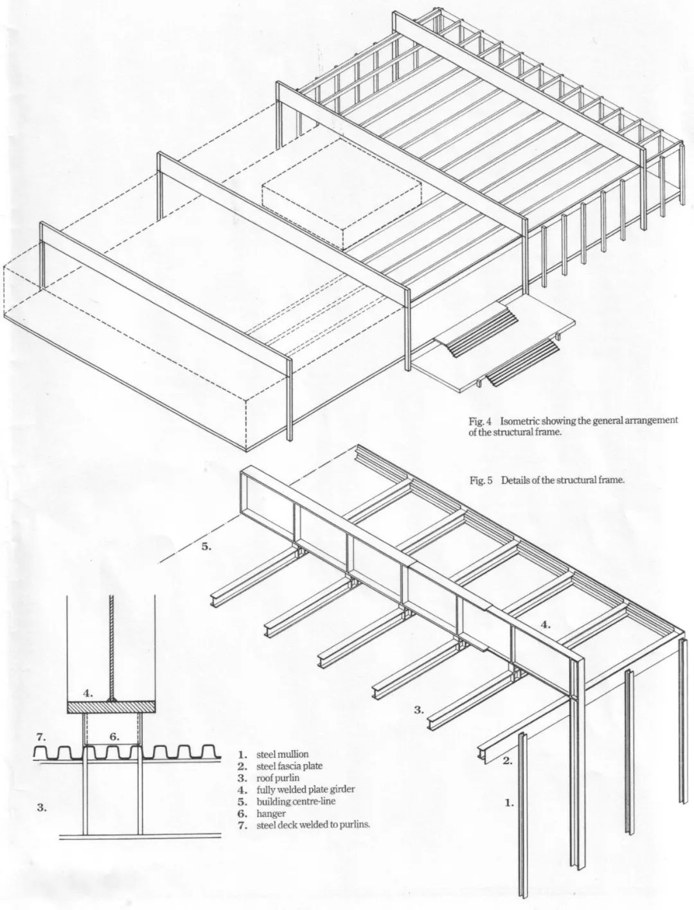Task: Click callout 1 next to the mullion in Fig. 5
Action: coord(509,803)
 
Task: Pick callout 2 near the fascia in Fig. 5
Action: coord(508,762)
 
